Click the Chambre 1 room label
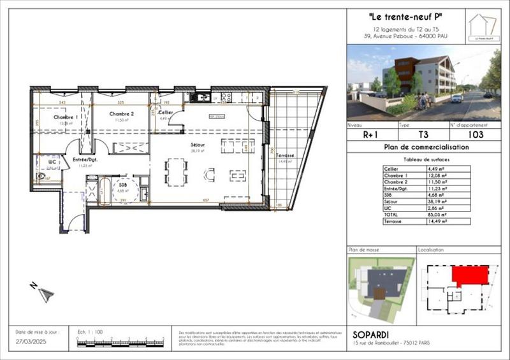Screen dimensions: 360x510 tap(66, 118)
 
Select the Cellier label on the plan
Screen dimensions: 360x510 tap(166, 112)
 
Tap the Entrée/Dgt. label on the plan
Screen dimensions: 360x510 tap(85, 159)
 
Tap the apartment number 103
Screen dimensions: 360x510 tap(475, 135)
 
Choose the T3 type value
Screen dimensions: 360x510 tap(423, 135)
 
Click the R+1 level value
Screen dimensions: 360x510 tap(371, 135)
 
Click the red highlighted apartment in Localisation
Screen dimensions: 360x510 tap(470, 275)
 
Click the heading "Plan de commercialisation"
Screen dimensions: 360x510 tap(426, 147)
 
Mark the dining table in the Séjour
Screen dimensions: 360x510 tap(175, 171)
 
